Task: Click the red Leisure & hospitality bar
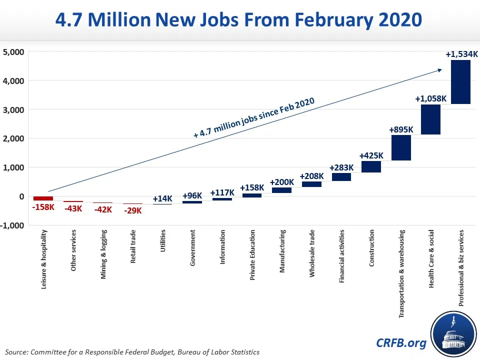[x=43, y=198]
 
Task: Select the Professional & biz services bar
[x=460, y=82]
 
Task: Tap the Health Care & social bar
[x=430, y=119]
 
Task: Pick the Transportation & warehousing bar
[x=400, y=148]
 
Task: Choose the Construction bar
[x=371, y=166]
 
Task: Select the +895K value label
[x=401, y=129]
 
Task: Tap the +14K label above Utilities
[x=162, y=198]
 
